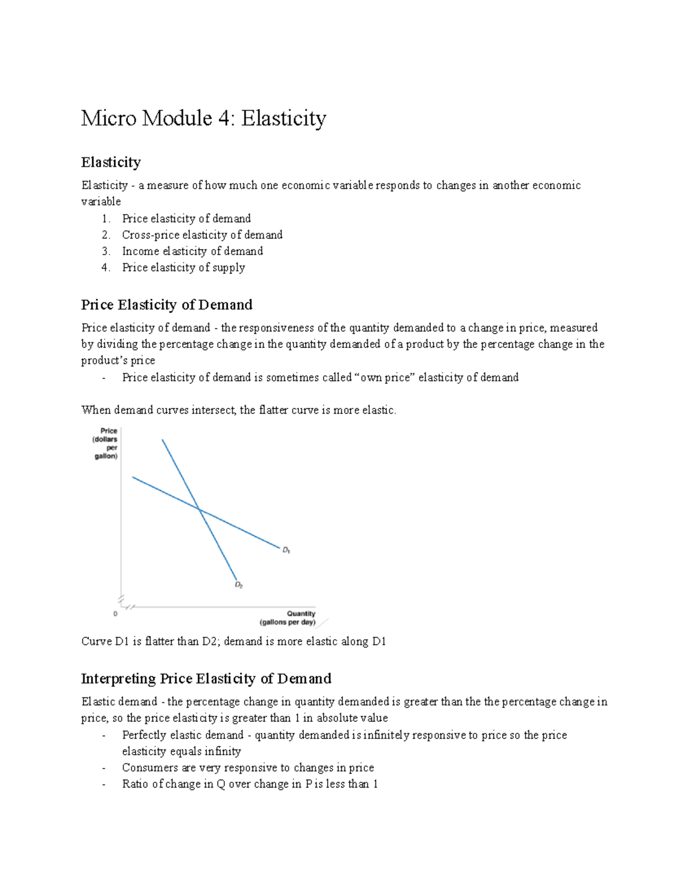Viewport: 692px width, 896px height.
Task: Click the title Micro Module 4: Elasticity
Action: pyautogui.click(x=204, y=119)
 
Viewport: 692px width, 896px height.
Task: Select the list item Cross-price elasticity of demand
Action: pyautogui.click(x=202, y=235)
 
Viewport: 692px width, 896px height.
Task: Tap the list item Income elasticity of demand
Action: pyautogui.click(x=192, y=251)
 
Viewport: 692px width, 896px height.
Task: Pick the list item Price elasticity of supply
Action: pyautogui.click(x=183, y=267)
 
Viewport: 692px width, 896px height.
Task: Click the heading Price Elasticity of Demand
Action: pyautogui.click(x=167, y=305)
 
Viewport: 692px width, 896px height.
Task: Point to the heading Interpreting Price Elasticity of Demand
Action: pyautogui.click(x=206, y=678)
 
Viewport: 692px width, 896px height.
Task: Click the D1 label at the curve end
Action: pyautogui.click(x=286, y=550)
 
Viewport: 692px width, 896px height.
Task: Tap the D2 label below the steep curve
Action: pyautogui.click(x=239, y=585)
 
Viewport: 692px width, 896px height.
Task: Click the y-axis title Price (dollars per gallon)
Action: pyautogui.click(x=107, y=443)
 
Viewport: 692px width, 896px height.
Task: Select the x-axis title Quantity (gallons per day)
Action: pyautogui.click(x=288, y=618)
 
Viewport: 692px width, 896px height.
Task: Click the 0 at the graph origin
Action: pyautogui.click(x=115, y=614)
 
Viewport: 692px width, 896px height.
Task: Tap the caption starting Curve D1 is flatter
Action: pyautogui.click(x=234, y=642)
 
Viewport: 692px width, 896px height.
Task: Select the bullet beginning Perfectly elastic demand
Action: pyautogui.click(x=344, y=735)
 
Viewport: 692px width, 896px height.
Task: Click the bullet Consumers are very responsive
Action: pyautogui.click(x=248, y=768)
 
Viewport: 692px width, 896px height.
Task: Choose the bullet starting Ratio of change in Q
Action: pyautogui.click(x=250, y=784)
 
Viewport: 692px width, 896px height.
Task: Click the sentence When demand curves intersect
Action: pyautogui.click(x=239, y=410)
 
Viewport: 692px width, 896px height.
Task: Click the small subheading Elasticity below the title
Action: pyautogui.click(x=111, y=162)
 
